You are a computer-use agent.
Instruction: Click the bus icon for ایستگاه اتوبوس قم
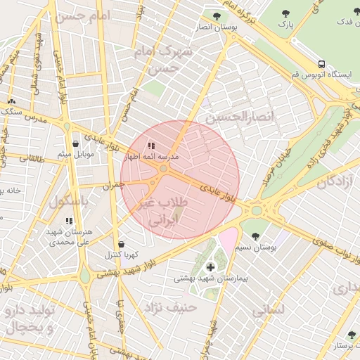[321, 64]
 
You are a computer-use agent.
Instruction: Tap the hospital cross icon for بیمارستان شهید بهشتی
[210, 267]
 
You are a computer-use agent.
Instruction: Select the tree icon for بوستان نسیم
[254, 236]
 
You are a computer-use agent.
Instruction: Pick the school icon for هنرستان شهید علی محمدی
[68, 221]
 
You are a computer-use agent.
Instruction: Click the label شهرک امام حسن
[157, 60]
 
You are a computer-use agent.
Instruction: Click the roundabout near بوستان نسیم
[256, 210]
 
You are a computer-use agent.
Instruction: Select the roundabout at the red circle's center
[164, 169]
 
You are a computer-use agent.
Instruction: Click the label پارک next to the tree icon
[285, 25]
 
